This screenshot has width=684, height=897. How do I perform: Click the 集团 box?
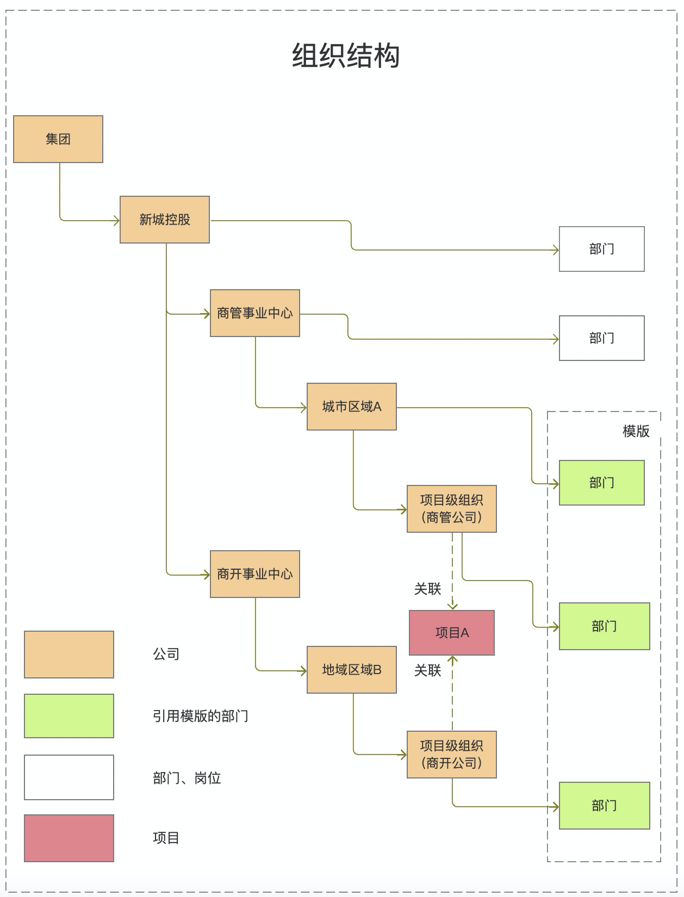[x=58, y=139]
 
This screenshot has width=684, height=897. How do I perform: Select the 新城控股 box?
[x=165, y=220]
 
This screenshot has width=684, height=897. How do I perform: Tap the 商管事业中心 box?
[x=255, y=313]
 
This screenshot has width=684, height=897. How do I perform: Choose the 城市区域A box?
[x=352, y=407]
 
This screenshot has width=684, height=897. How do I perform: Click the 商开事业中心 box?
[x=255, y=574]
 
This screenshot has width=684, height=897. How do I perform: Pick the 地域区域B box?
[x=352, y=670]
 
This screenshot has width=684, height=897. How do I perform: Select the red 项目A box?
[x=452, y=633]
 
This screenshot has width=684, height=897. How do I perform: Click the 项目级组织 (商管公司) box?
[x=452, y=509]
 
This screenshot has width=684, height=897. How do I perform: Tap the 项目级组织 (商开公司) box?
[x=452, y=755]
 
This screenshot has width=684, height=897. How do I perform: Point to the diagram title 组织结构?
[x=346, y=56]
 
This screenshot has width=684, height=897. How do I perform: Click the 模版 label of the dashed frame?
[x=636, y=431]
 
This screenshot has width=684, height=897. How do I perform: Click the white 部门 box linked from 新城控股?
[x=602, y=249]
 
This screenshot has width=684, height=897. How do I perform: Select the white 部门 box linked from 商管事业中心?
[x=602, y=338]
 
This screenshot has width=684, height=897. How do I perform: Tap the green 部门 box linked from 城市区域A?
[x=602, y=483]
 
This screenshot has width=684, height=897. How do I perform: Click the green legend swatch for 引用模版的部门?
[x=69, y=716]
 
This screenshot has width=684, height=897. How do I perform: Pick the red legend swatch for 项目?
[x=69, y=838]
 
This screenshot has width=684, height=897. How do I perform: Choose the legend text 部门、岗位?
[x=186, y=778]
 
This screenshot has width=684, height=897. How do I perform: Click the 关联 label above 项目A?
[x=427, y=589]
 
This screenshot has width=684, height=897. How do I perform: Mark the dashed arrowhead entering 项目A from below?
[x=452, y=661]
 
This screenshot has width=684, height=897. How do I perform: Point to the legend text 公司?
[x=166, y=654]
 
